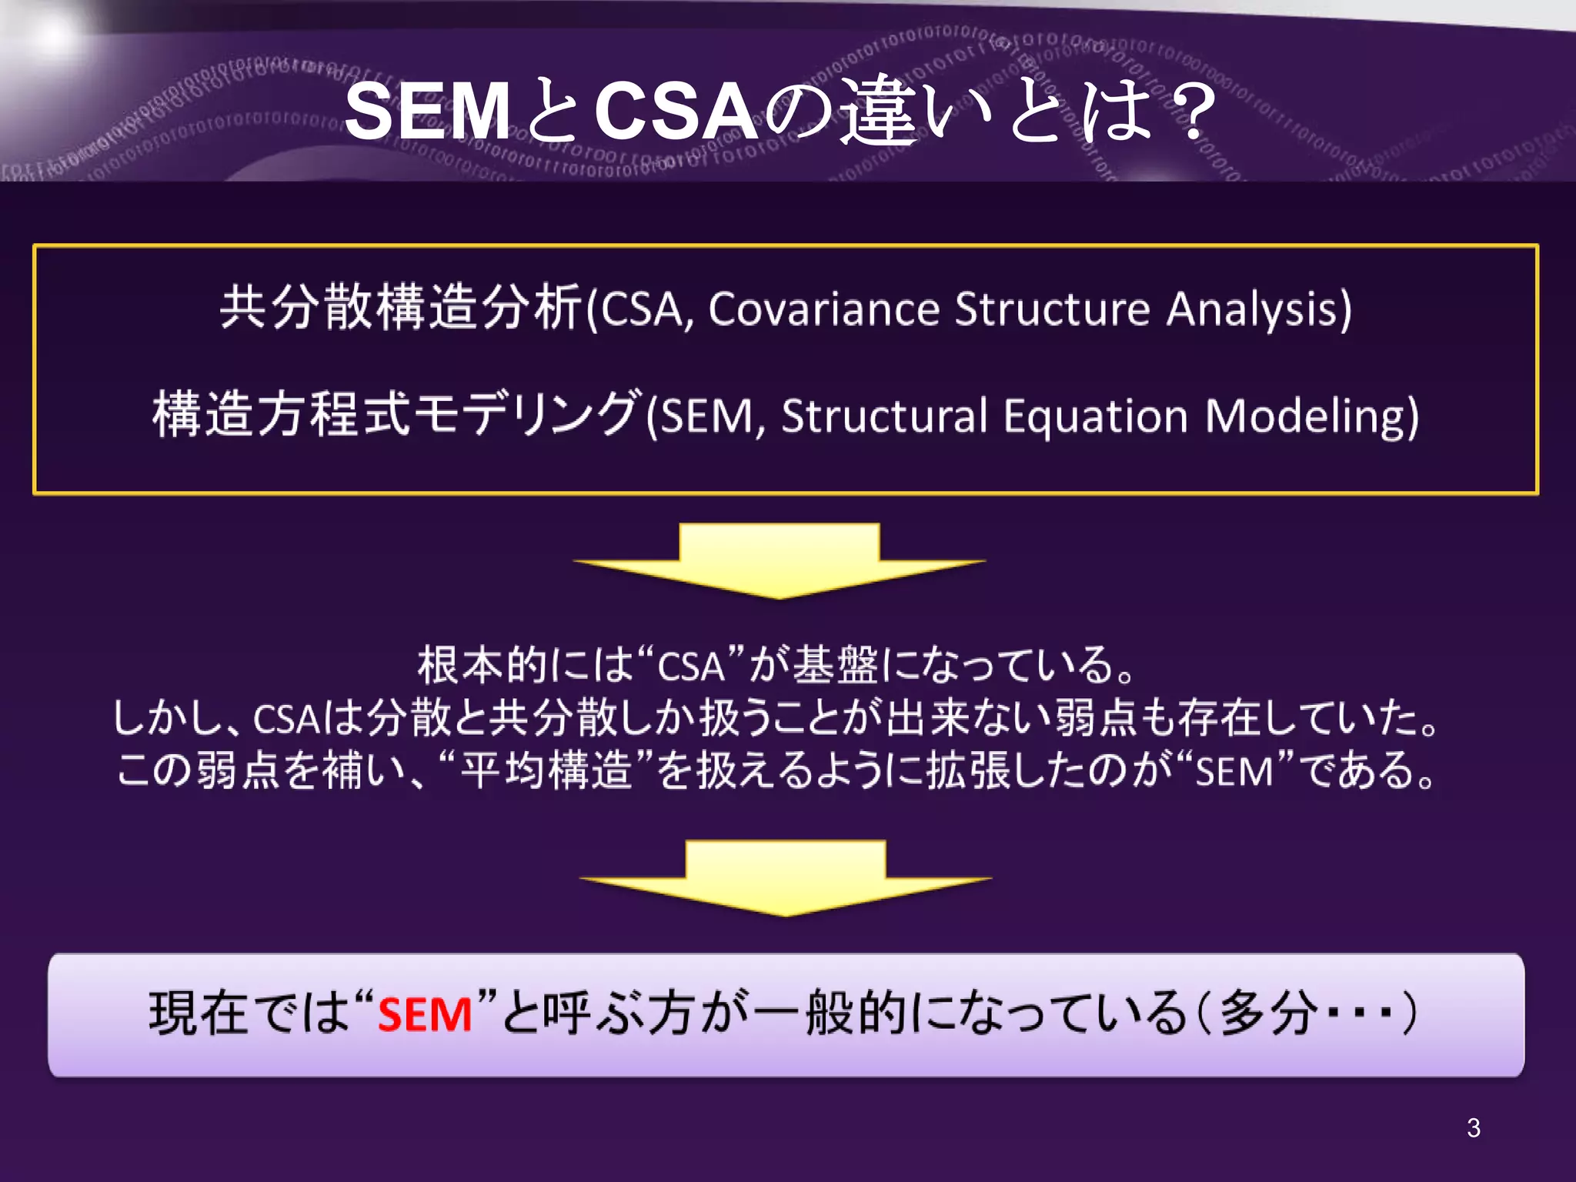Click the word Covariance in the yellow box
tap(823, 309)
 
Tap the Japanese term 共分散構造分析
tap(400, 308)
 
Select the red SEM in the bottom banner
tap(425, 1014)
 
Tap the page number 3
tap(1473, 1127)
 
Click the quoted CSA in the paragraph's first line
tap(691, 666)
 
